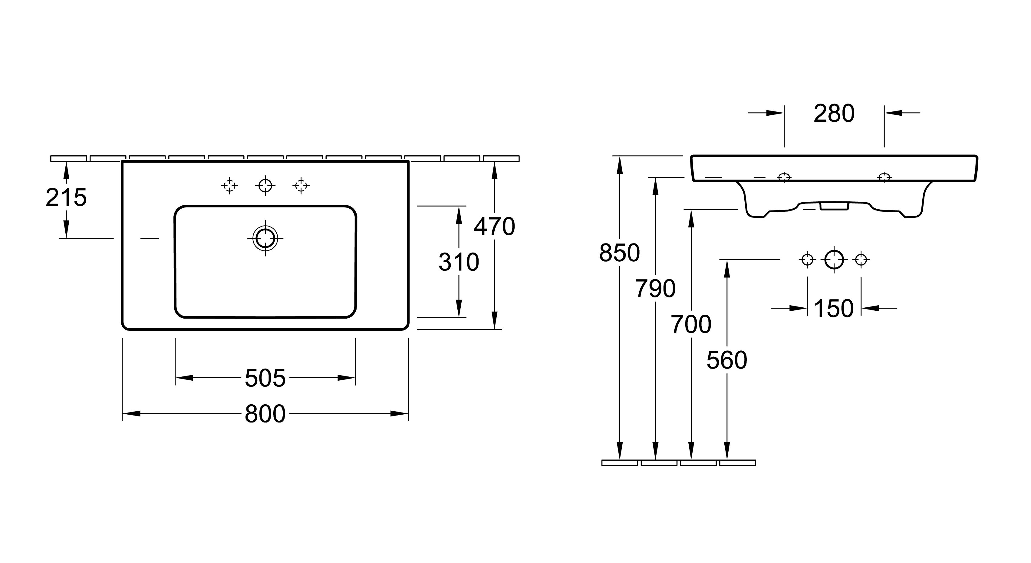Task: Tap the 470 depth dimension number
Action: click(x=494, y=227)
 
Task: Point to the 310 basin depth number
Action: click(x=459, y=262)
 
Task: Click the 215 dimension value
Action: click(x=66, y=198)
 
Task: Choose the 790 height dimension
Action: click(x=655, y=289)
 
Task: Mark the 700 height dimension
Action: click(x=691, y=324)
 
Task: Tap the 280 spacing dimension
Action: click(x=834, y=114)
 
